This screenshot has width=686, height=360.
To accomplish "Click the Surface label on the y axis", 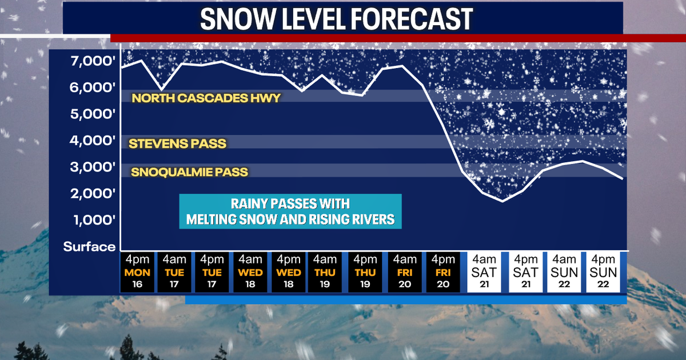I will (x=89, y=247).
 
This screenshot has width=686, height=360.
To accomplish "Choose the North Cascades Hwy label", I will (x=206, y=98).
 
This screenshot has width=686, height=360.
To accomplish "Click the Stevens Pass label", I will (x=177, y=143).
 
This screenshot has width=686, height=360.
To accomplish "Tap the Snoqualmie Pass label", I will (x=190, y=171).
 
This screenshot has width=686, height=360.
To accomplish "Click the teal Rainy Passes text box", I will (x=290, y=211).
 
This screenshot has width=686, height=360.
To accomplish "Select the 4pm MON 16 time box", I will (x=137, y=272).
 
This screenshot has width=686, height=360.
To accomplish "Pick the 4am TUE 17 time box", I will (x=174, y=272).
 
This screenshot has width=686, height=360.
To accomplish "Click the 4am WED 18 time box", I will (x=250, y=272).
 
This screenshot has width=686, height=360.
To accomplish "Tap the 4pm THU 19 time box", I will (x=365, y=272).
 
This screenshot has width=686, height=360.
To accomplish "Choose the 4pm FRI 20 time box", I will (x=442, y=272).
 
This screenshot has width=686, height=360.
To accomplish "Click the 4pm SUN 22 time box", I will (x=604, y=272).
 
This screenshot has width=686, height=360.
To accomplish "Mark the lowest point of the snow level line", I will (x=502, y=201).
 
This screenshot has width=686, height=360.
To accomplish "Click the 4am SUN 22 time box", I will (x=564, y=272).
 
